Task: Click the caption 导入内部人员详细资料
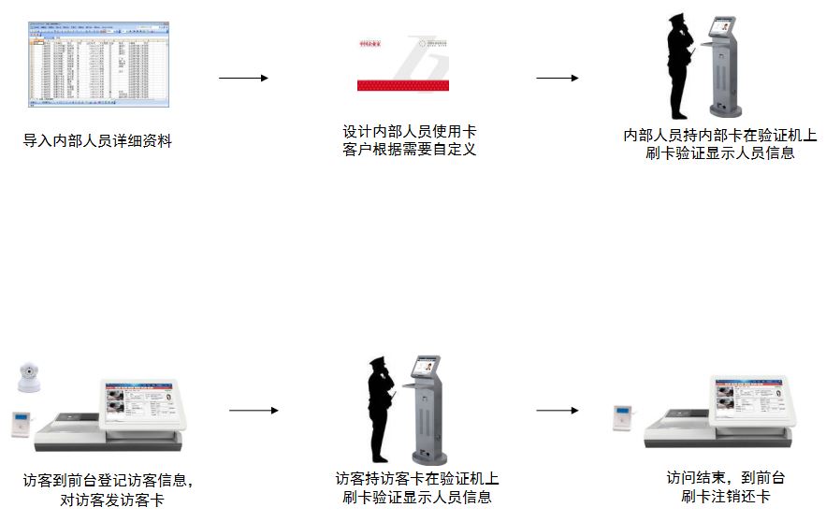98,141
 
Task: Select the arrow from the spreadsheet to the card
243,78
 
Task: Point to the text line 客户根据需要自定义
410,150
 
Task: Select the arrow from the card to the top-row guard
557,78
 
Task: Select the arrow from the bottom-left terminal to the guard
254,411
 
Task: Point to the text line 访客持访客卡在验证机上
417,479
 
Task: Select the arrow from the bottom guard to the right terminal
557,411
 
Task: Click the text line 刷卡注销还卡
726,496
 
